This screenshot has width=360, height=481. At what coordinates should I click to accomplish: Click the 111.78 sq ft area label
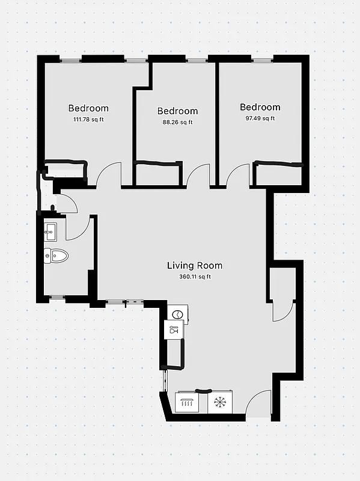tap(88, 120)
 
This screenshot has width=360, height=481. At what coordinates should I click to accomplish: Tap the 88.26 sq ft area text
tap(177, 122)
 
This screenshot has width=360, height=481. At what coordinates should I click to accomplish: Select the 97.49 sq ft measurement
tap(260, 118)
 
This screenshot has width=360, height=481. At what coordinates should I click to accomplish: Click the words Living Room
tap(194, 265)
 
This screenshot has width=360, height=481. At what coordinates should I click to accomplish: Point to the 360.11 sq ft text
tap(195, 277)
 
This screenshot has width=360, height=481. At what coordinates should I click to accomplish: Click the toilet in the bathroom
tap(56, 256)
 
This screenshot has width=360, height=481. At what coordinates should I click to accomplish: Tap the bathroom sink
tap(50, 229)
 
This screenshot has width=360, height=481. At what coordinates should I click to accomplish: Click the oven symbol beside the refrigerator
tap(189, 403)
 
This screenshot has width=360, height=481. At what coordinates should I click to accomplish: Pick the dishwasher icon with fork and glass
tap(174, 329)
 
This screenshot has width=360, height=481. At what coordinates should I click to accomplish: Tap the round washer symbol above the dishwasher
tap(178, 314)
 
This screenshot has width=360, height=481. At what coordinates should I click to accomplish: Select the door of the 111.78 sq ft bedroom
tap(109, 174)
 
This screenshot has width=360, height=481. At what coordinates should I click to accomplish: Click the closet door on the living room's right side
tap(282, 309)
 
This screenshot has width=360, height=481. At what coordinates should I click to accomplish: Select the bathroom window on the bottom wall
tap(58, 297)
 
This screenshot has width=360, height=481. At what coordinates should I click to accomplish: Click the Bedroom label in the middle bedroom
tap(177, 111)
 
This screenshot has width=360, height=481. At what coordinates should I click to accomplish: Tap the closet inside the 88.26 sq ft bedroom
tap(157, 174)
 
